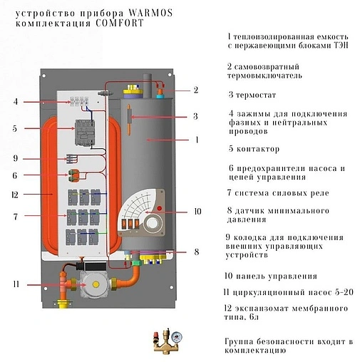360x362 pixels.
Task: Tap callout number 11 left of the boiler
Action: [15, 285]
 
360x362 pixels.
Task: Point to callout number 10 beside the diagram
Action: [198, 212]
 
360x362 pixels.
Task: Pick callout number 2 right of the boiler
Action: [196, 90]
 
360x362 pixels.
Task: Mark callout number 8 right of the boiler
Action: [197, 252]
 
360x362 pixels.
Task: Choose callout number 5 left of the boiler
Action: [15, 129]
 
